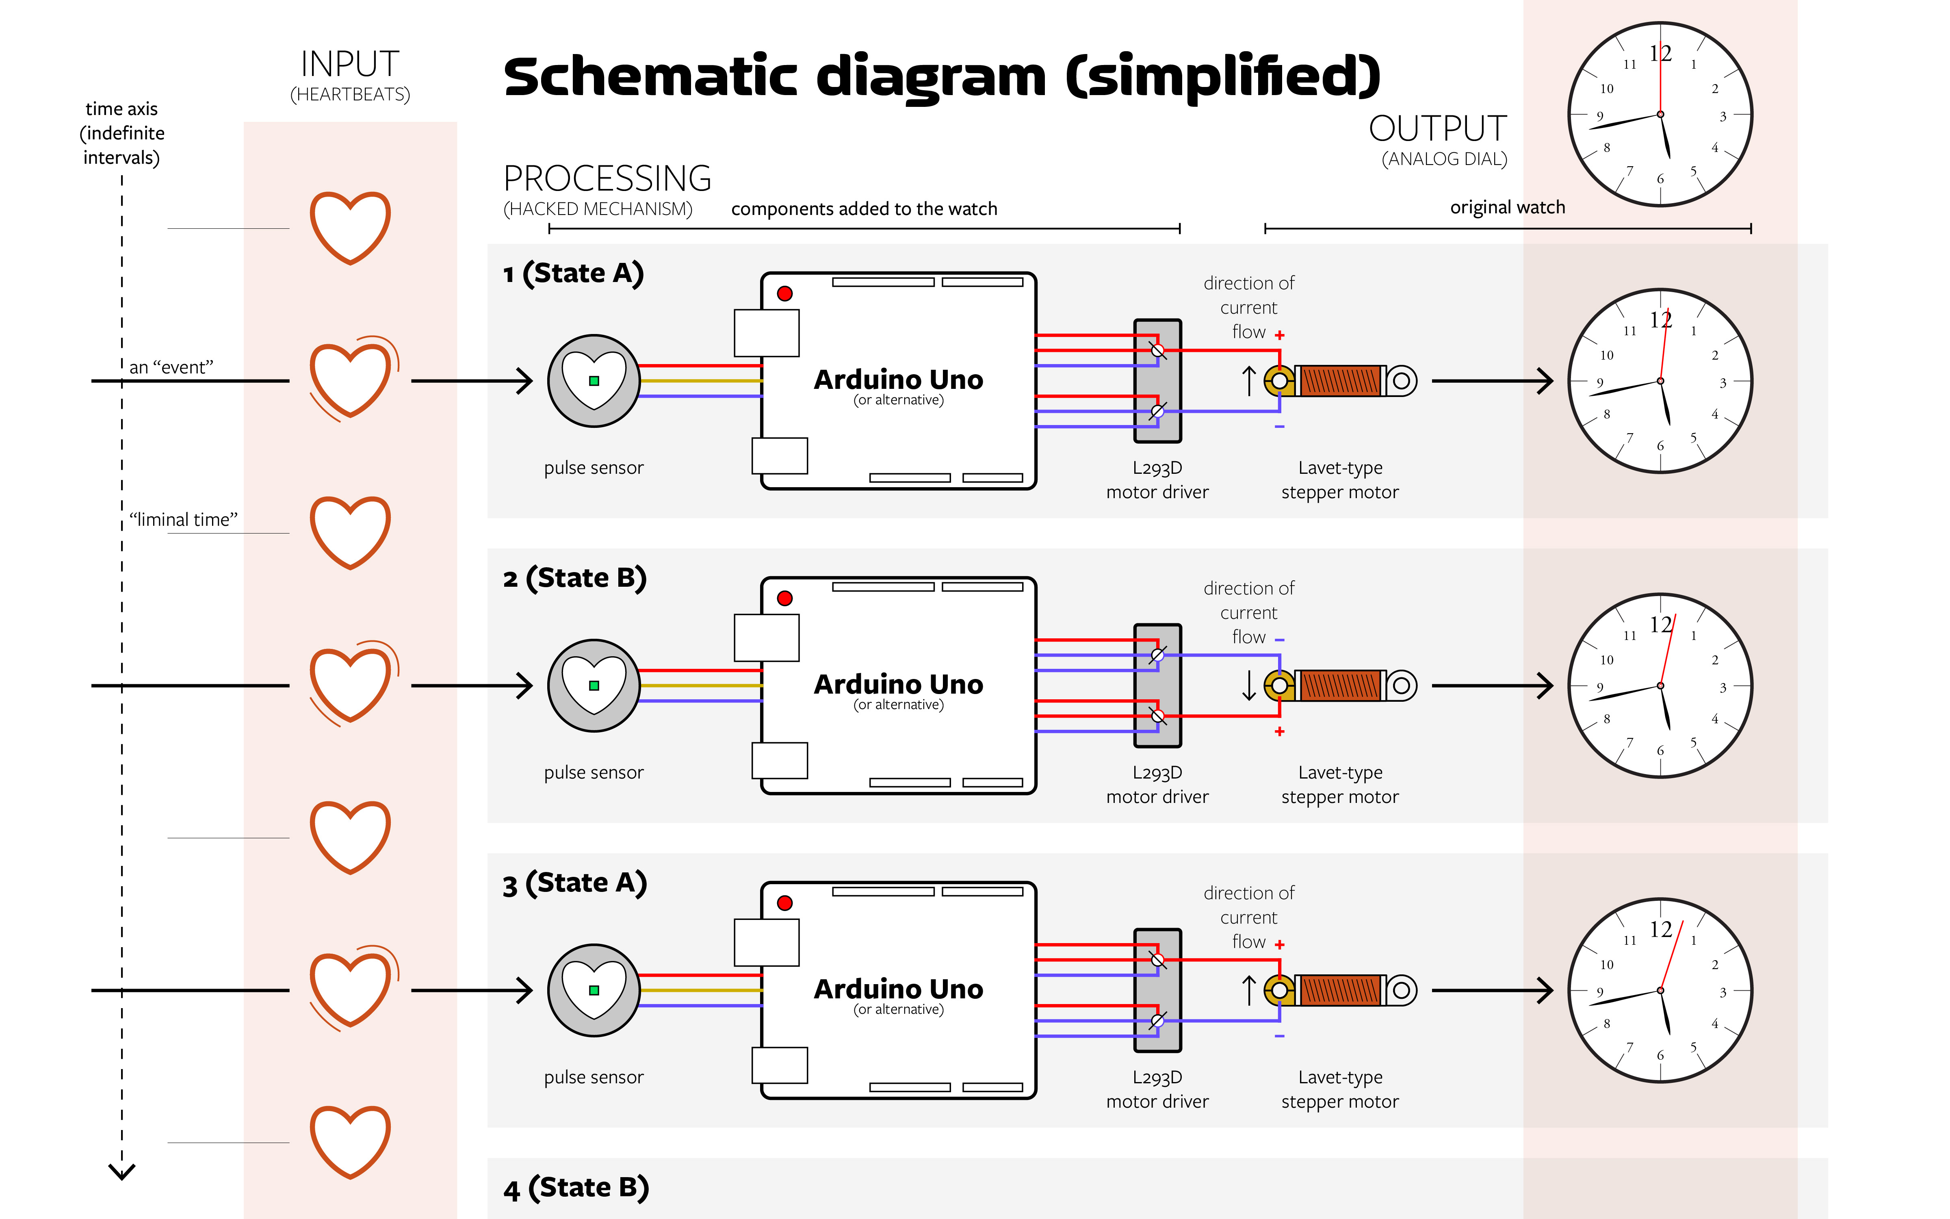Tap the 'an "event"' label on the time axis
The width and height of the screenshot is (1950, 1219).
pos(171,368)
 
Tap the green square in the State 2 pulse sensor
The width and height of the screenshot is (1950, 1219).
pos(594,686)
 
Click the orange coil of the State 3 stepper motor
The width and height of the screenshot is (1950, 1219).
pos(1340,990)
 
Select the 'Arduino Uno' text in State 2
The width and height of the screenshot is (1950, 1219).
pos(899,685)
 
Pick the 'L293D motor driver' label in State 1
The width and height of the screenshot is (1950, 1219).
pos(1157,480)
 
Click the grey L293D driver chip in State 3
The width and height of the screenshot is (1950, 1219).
pos(1157,990)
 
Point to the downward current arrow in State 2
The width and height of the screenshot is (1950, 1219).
pos(1249,685)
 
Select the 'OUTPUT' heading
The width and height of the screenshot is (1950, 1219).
pos(1438,129)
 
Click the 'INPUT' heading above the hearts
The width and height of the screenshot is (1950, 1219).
pos(350,65)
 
